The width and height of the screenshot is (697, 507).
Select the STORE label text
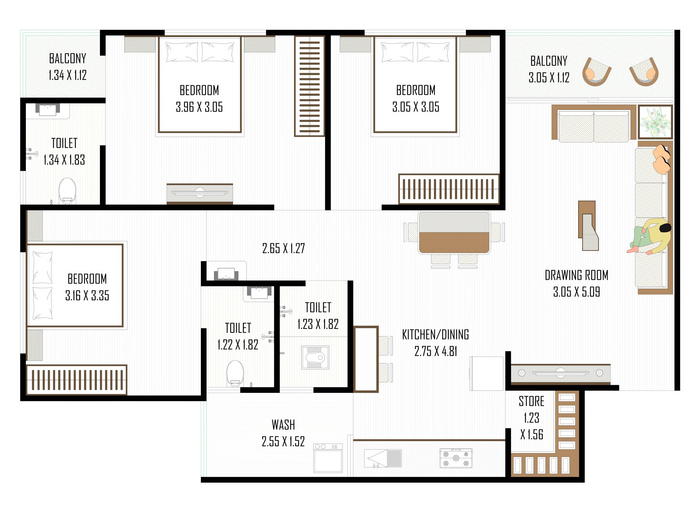tap(531, 401)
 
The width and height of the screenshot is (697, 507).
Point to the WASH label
tap(283, 425)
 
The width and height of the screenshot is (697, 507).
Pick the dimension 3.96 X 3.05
tap(199, 107)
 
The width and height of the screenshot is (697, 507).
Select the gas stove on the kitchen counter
tap(456, 458)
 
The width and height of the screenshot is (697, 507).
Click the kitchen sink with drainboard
tap(383, 458)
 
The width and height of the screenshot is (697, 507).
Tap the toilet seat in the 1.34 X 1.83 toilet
tap(67, 190)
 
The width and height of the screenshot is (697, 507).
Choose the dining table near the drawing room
tap(454, 232)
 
